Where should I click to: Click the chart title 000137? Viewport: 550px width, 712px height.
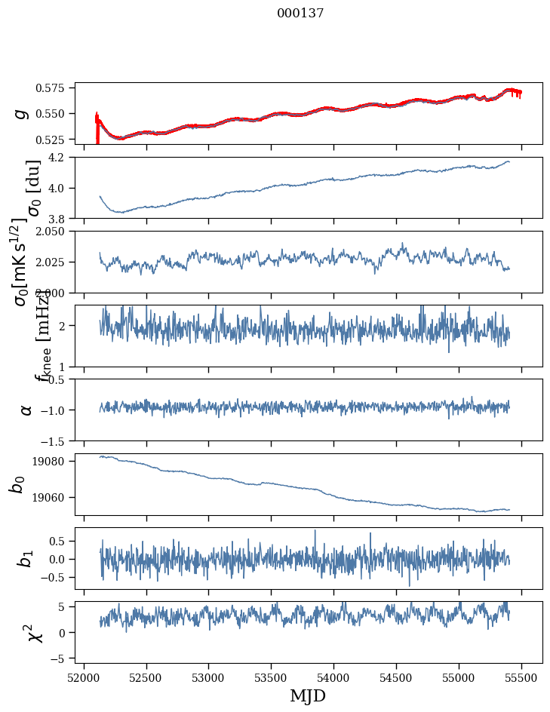(300, 14)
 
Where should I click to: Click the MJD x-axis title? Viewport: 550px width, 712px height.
(308, 695)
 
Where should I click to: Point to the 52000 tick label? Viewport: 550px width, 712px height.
(84, 677)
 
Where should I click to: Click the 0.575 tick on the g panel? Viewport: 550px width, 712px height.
(55, 88)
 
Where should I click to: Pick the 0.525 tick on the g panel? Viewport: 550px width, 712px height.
(55, 140)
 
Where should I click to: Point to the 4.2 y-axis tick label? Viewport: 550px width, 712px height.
(61, 158)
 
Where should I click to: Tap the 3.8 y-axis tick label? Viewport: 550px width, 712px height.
(61, 218)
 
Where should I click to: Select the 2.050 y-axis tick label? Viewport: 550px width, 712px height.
(55, 232)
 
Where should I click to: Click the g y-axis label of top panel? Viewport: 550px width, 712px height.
(23, 113)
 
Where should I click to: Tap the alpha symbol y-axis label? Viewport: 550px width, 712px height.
(26, 410)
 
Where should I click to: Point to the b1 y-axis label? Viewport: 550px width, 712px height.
(26, 558)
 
